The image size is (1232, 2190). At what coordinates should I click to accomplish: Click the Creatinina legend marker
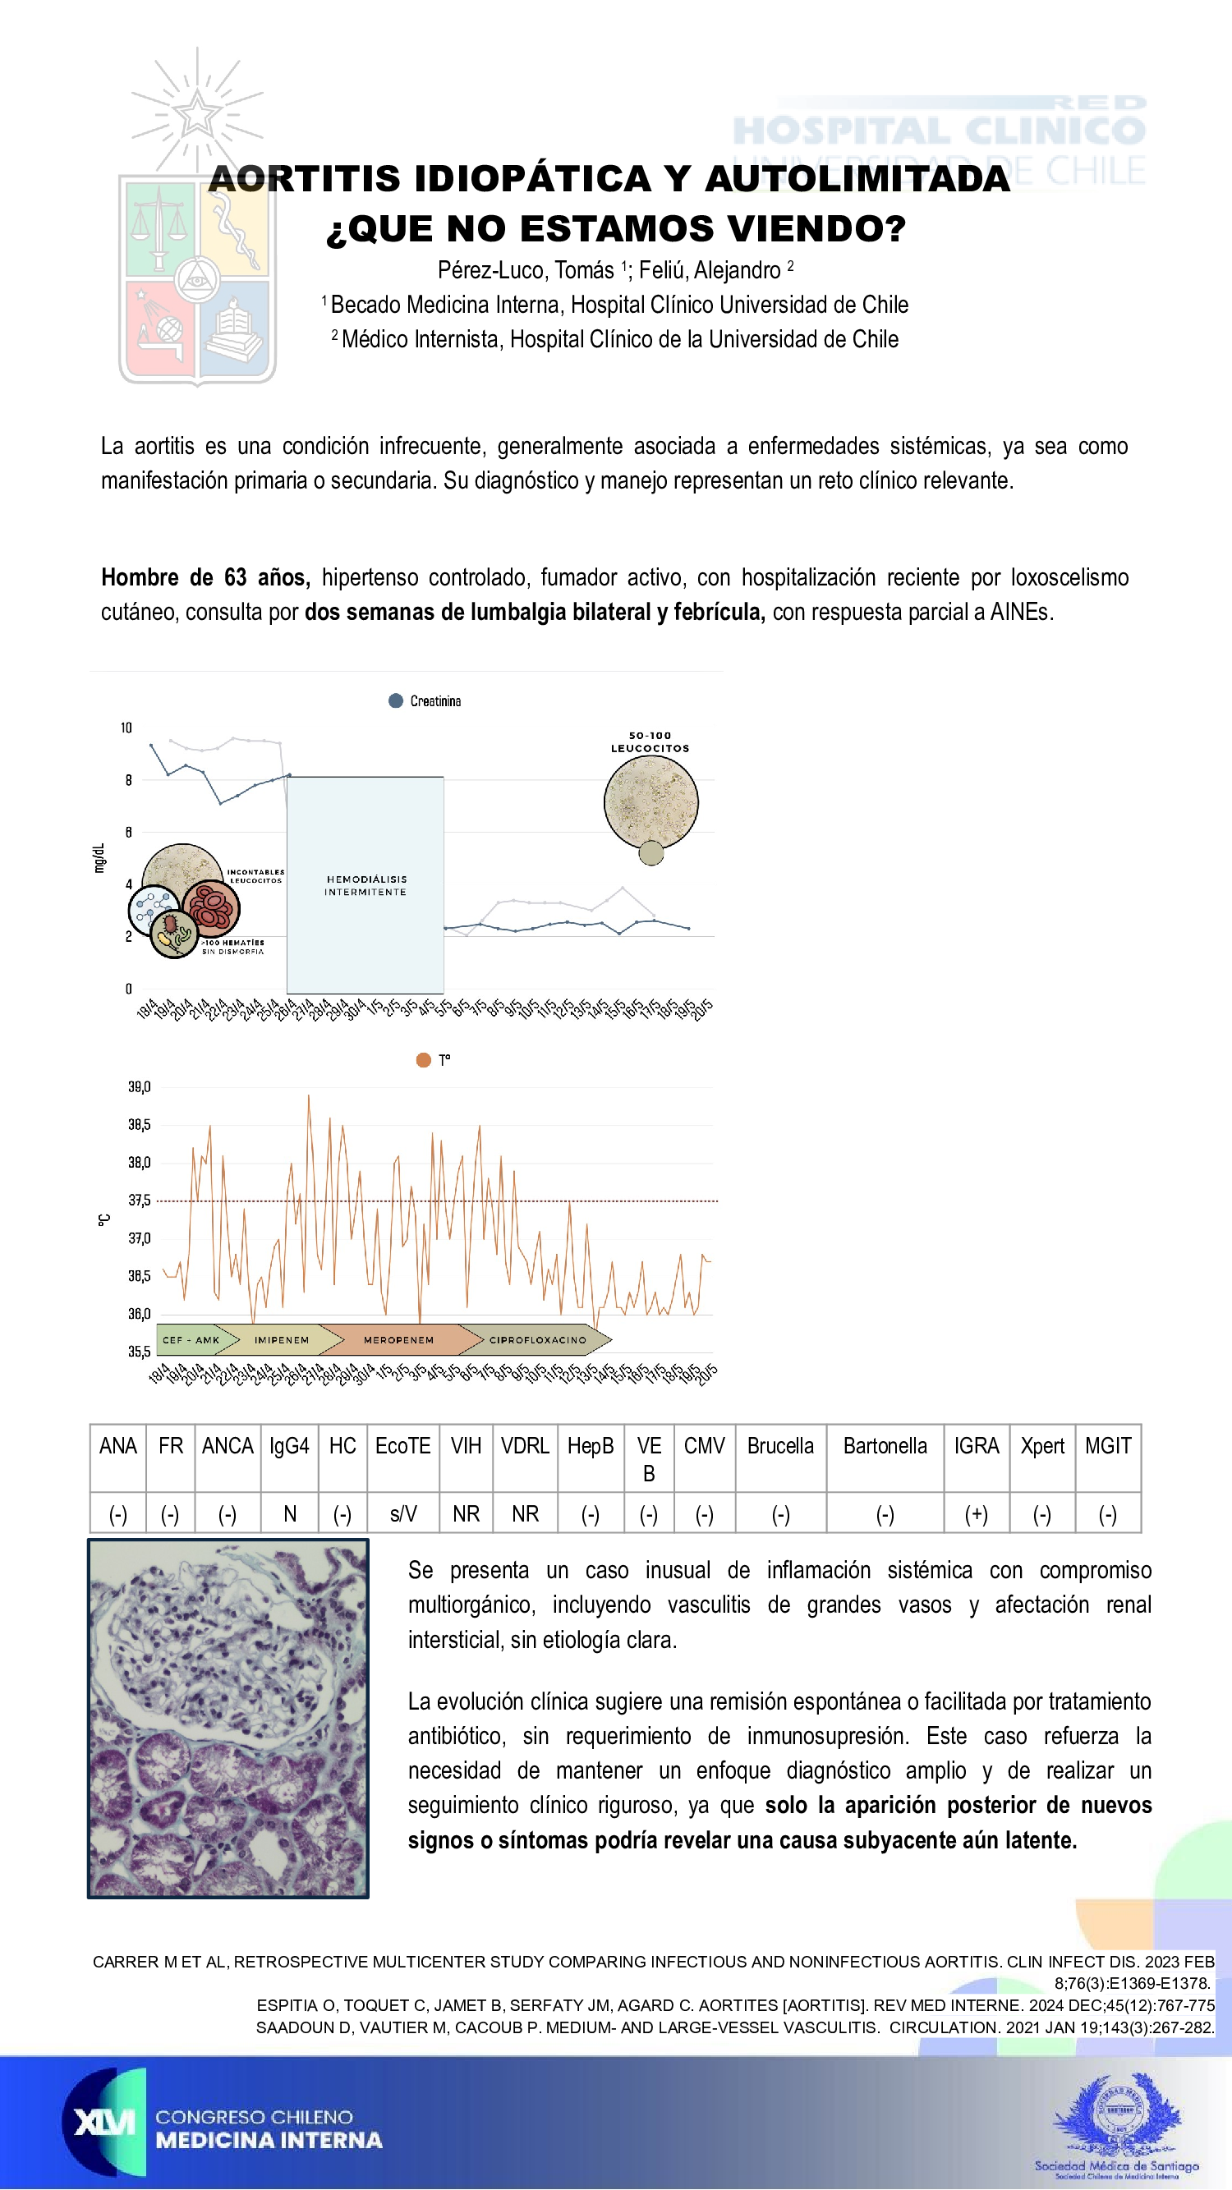tap(395, 700)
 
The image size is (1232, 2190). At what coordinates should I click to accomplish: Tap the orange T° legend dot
tap(424, 1059)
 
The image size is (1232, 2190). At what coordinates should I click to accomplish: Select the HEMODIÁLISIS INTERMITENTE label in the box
tap(365, 885)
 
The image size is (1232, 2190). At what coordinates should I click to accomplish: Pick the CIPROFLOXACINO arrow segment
tap(537, 1340)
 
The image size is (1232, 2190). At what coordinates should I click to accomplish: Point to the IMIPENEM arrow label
tap(282, 1340)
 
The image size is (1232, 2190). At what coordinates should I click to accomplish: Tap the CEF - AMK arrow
tap(191, 1340)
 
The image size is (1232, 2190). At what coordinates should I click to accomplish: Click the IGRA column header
tap(976, 1446)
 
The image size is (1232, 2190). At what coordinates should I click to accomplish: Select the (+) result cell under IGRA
tap(976, 1514)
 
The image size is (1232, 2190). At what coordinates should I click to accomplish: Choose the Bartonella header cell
tap(885, 1446)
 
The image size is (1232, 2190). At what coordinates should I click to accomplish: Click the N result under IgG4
tap(290, 1514)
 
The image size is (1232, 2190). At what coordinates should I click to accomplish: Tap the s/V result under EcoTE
tap(403, 1514)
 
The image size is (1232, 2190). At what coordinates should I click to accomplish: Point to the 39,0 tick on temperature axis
tap(140, 1086)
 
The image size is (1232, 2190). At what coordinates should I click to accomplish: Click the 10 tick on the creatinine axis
tap(126, 728)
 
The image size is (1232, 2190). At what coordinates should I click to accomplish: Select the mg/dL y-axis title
tap(99, 858)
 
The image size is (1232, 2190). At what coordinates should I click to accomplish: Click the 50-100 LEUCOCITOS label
tap(650, 742)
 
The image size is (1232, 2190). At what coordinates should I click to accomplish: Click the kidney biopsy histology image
tap(228, 1718)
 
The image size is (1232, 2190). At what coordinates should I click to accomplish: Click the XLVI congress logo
tap(104, 2122)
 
